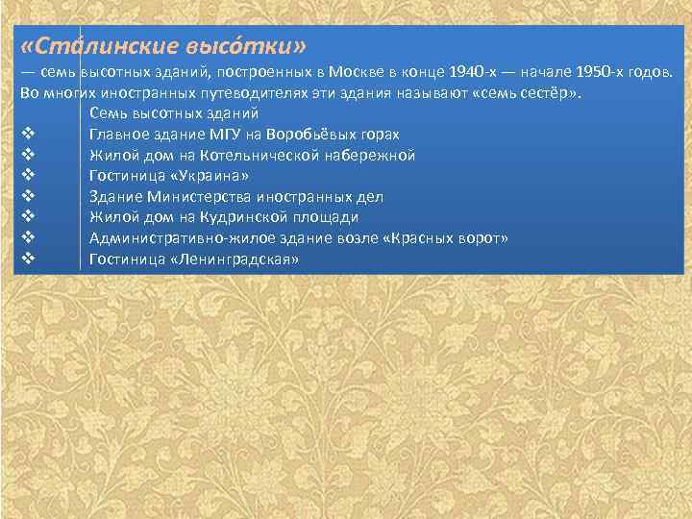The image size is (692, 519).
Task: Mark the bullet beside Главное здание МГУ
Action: pos(27,135)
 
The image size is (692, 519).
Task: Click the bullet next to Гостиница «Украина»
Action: pos(27,176)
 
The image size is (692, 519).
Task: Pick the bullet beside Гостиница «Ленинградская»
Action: pos(27,259)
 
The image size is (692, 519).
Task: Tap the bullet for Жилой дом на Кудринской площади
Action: pos(27,217)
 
